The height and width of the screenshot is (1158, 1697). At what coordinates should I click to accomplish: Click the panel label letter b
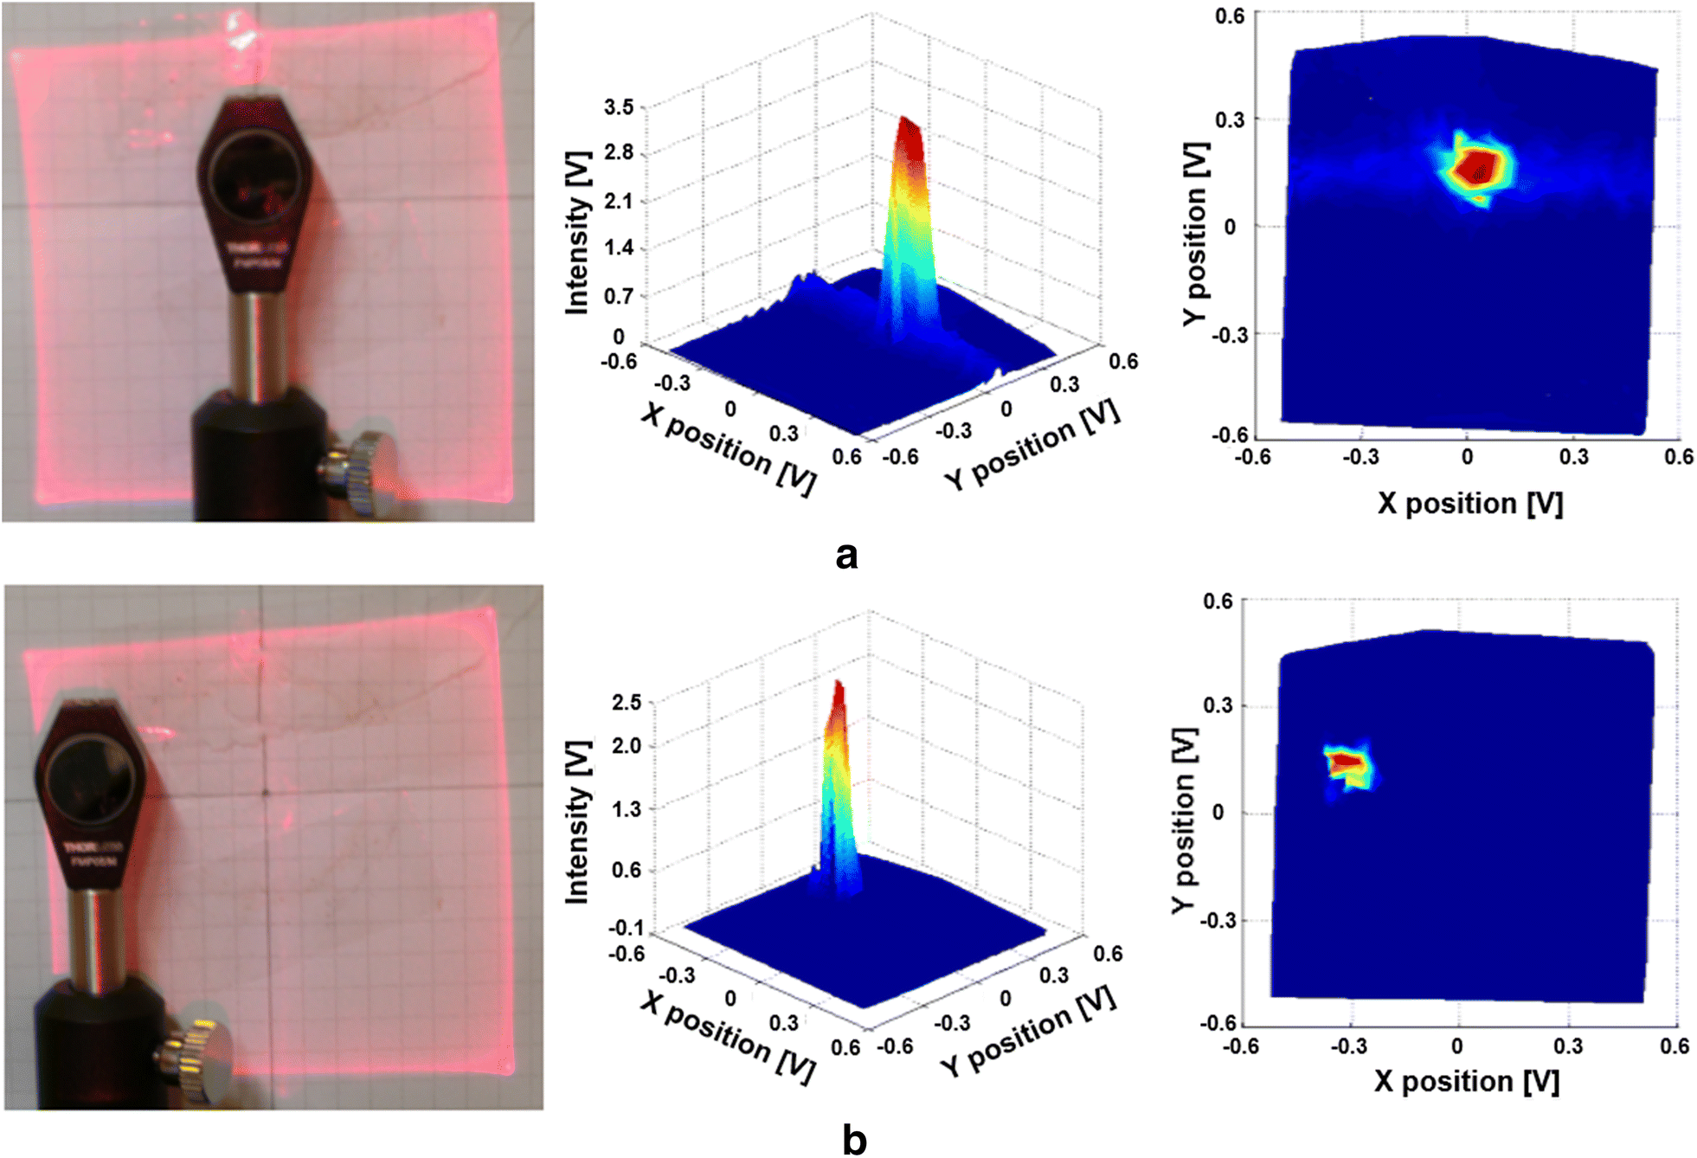(x=853, y=1140)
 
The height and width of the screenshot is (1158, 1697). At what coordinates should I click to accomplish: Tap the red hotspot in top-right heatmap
(x=1476, y=167)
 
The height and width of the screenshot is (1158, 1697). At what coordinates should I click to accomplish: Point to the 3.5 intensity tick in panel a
(x=619, y=107)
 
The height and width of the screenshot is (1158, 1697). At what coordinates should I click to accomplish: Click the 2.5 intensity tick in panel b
(x=627, y=702)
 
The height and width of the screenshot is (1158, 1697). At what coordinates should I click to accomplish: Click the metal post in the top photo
(x=257, y=346)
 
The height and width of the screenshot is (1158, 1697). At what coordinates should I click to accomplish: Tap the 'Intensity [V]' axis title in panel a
(x=577, y=234)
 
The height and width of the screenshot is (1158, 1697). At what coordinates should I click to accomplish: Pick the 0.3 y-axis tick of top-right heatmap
(x=1229, y=119)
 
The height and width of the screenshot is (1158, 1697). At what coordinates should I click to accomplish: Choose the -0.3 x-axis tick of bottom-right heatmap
(x=1347, y=1046)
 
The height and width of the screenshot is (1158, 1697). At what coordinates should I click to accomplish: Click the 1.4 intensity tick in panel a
(x=619, y=248)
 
